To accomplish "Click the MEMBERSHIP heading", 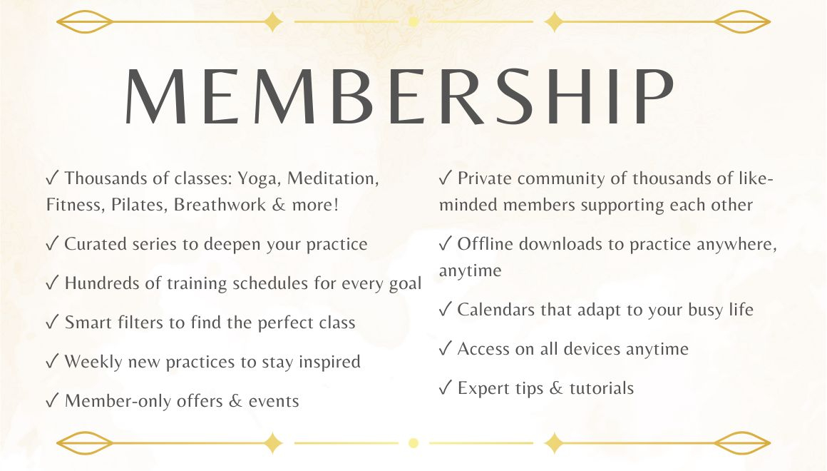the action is point(399,96).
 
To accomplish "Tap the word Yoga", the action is point(257,179).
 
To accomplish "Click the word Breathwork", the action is point(220,204).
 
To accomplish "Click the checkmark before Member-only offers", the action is point(52,400).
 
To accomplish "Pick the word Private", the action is point(484,178).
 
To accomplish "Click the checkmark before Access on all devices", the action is point(445,348).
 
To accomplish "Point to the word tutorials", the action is point(601,388).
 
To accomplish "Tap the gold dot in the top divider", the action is point(413,21).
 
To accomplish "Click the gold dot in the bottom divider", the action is point(413,443).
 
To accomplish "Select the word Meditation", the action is point(333,178).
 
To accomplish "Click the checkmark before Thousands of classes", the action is point(52,178).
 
